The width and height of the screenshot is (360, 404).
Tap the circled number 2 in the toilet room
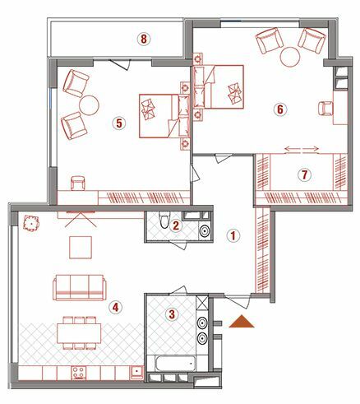click(176, 225)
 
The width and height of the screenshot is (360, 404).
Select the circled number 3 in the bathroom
click(172, 313)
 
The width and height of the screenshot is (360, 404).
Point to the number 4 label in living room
click(116, 307)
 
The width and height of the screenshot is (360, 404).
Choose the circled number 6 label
click(279, 109)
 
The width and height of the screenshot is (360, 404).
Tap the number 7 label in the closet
click(303, 174)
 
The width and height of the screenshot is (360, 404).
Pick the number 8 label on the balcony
click(145, 39)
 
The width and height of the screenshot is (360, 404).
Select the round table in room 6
click(291, 56)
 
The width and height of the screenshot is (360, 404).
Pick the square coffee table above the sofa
click(81, 247)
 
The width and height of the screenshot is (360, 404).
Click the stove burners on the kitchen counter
click(80, 373)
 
